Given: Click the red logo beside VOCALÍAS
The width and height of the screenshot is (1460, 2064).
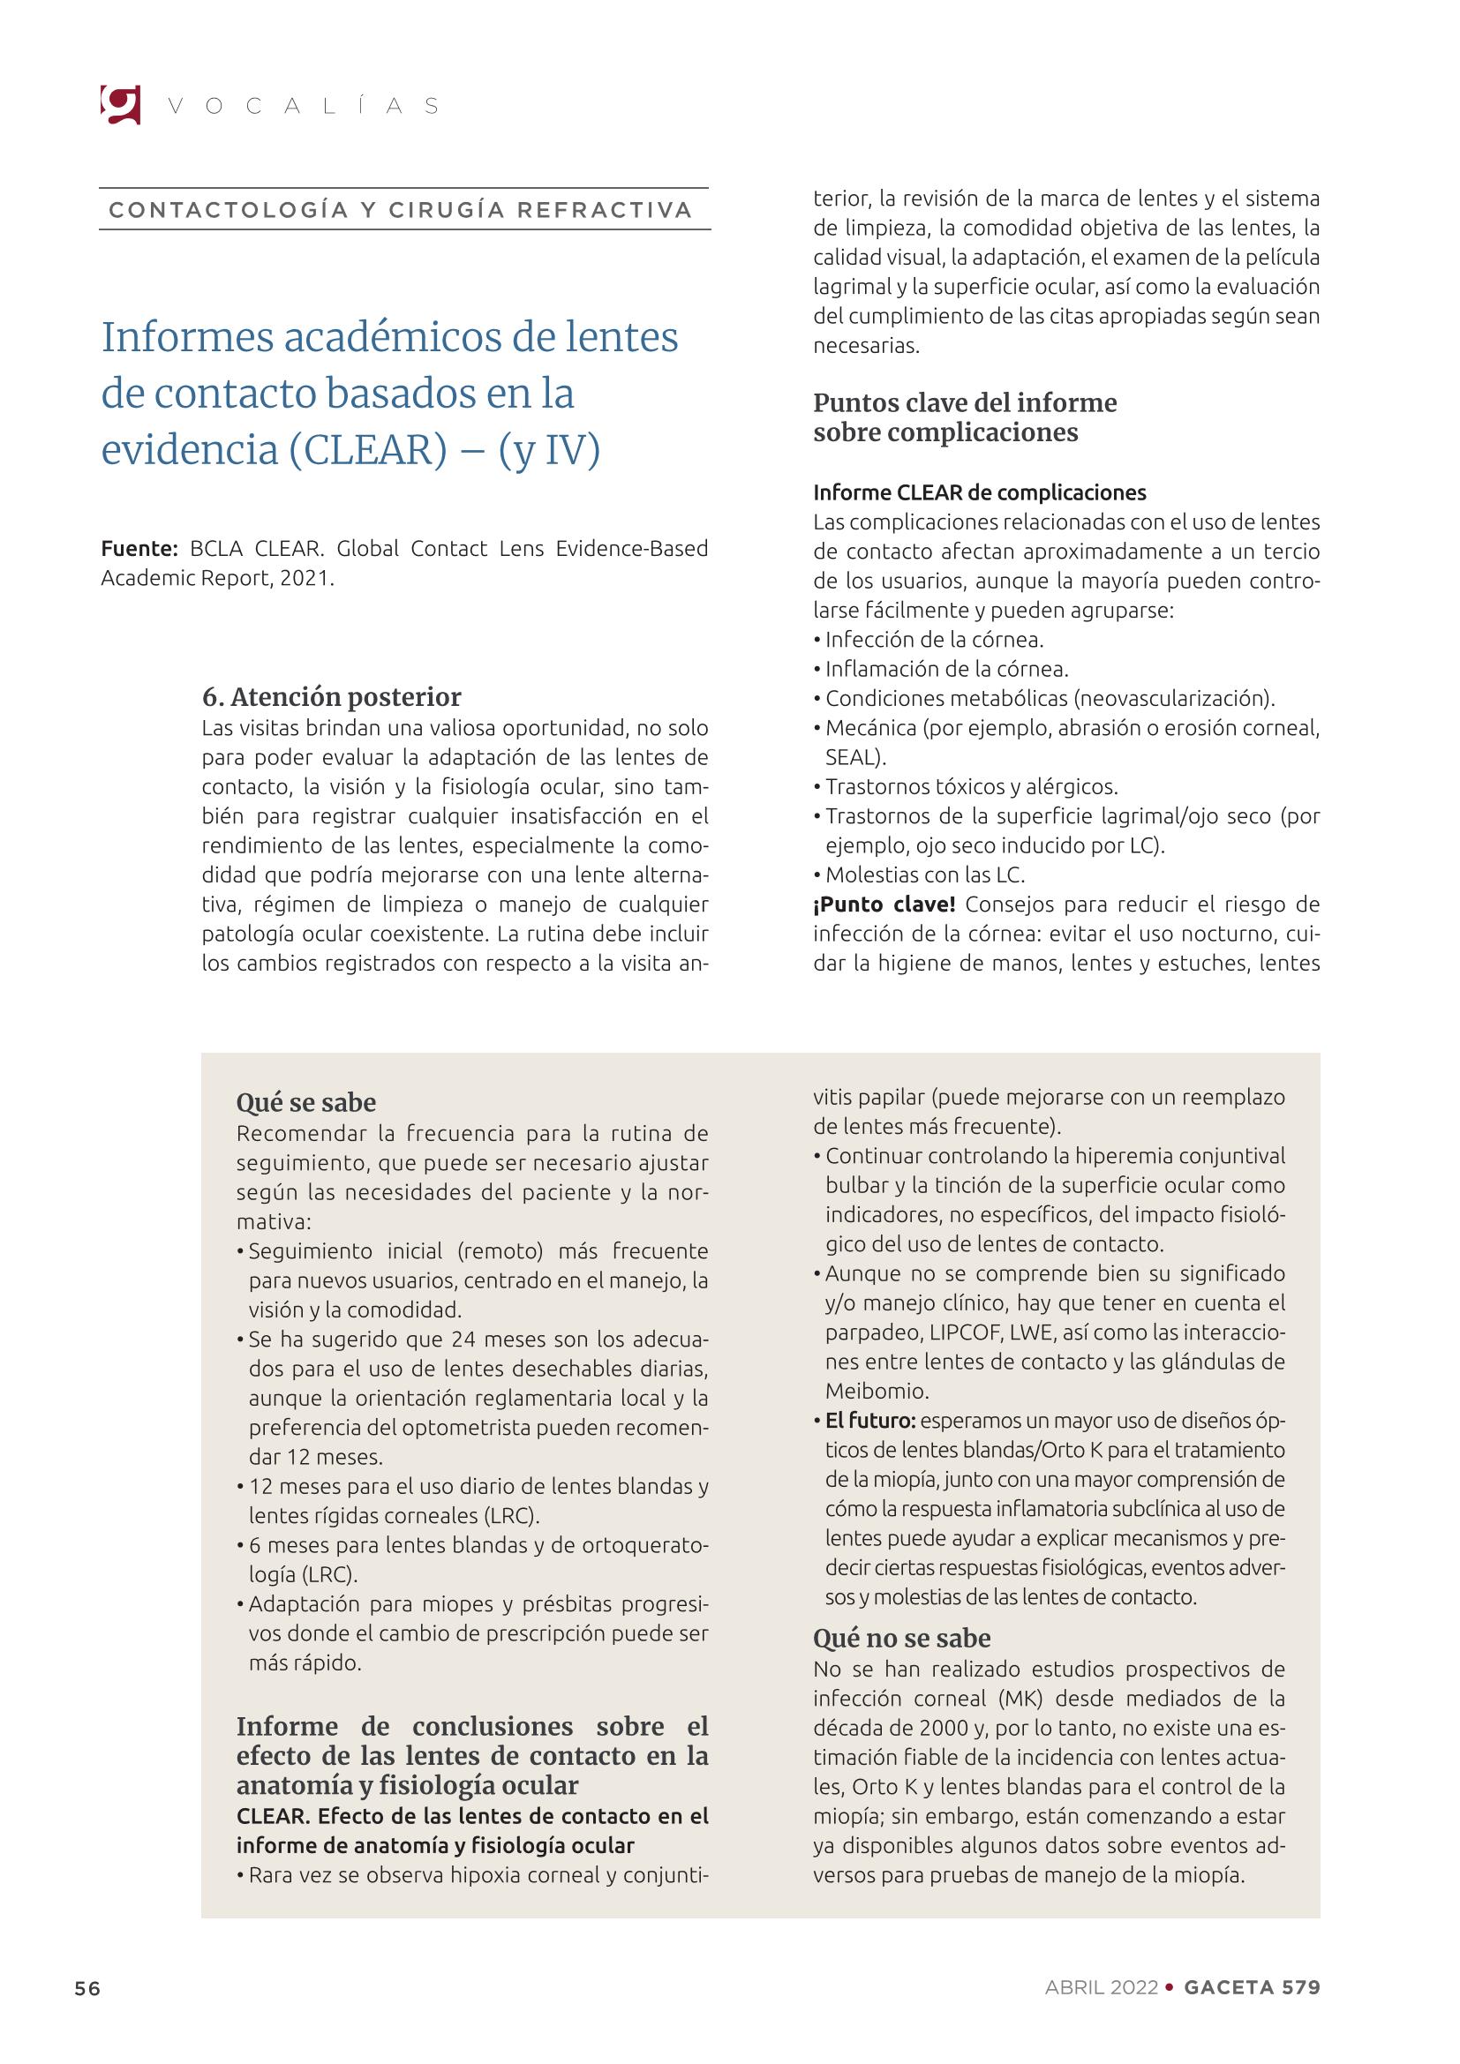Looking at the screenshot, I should click(120, 104).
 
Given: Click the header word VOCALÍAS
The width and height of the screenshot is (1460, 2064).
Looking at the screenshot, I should click(303, 106).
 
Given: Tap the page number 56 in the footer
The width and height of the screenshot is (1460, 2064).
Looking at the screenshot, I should click(87, 1987).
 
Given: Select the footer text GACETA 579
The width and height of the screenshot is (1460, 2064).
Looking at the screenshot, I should click(1252, 1987).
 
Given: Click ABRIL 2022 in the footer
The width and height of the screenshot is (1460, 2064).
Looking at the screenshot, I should click(1101, 1987).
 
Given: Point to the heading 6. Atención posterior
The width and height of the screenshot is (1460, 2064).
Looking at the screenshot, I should click(332, 697).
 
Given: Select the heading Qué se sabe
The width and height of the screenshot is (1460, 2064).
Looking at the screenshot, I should click(305, 1102).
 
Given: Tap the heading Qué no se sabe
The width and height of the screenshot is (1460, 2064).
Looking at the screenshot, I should click(902, 1638).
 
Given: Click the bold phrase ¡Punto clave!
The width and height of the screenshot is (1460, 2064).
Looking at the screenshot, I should click(884, 904).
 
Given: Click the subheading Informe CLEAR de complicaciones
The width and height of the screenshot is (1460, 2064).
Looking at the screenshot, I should click(979, 492).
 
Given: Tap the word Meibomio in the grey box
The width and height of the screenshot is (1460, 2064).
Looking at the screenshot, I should click(862, 1391).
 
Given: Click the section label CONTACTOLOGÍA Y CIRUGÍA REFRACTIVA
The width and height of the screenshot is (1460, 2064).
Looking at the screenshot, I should click(401, 210).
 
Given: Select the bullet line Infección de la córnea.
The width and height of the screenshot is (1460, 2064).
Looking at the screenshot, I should click(934, 640).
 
